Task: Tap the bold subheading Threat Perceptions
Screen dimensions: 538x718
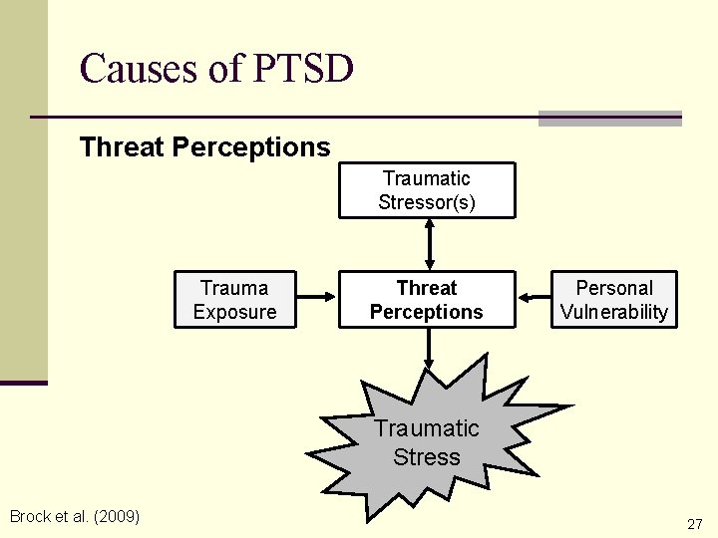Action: pos(204,147)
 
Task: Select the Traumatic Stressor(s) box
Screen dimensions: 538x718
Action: pos(427,190)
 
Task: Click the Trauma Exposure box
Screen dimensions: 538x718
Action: pos(234,300)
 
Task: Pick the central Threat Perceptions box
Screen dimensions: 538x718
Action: pos(427,300)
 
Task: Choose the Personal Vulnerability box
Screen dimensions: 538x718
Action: pos(614,300)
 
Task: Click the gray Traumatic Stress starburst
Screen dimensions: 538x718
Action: pos(427,443)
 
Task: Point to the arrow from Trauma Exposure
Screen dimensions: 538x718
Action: pos(319,296)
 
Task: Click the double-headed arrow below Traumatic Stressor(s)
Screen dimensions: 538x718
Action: pos(428,243)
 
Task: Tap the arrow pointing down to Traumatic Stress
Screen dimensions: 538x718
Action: pos(428,348)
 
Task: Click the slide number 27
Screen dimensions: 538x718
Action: pos(694,524)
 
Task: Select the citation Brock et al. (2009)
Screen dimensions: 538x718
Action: pos(75,516)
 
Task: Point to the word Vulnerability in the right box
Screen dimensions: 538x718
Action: pos(614,312)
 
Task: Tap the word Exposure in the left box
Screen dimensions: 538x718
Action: pos(234,312)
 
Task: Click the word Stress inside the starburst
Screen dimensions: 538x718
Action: pos(427,457)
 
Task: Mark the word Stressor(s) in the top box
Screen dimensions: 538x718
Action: pos(427,202)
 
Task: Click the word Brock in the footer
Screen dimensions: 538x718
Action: pos(30,516)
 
